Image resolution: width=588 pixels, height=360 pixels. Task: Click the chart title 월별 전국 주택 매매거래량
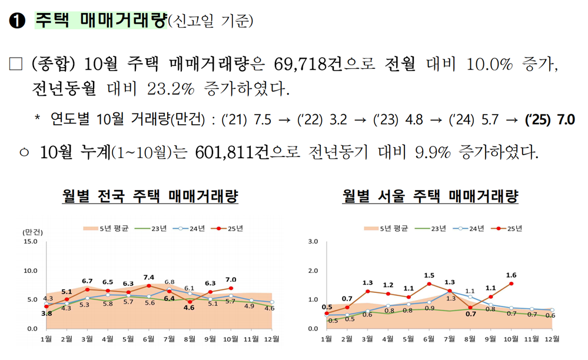[150, 196]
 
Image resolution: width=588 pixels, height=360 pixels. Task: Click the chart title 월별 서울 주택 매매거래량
[430, 196]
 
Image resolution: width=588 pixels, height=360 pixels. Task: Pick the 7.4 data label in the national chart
[149, 277]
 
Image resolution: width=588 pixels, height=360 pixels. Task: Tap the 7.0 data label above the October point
[231, 279]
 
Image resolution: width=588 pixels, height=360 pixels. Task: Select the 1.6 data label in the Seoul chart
[511, 275]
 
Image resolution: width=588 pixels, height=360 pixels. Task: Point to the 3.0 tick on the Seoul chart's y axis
[313, 242]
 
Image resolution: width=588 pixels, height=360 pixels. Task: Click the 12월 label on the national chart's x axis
[272, 339]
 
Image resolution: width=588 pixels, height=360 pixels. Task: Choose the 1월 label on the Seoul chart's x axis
[326, 339]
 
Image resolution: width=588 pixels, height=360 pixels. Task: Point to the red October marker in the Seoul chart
[511, 284]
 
